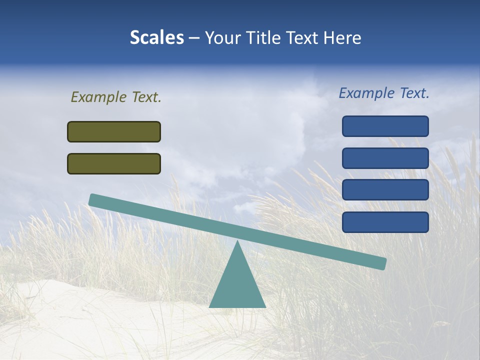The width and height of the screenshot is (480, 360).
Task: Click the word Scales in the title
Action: (x=156, y=38)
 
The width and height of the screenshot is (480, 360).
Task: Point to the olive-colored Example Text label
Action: (x=116, y=97)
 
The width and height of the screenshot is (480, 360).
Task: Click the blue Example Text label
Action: (x=384, y=93)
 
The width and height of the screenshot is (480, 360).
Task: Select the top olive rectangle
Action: (x=114, y=131)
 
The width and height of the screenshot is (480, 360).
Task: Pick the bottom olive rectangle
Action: (x=114, y=163)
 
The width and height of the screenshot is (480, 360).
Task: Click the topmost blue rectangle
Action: (x=385, y=126)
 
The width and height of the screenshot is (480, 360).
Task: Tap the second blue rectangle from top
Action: (x=385, y=158)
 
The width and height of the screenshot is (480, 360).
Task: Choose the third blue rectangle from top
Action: (x=385, y=190)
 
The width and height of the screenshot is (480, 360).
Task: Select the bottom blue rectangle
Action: (x=385, y=222)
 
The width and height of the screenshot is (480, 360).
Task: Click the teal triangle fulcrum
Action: (x=237, y=285)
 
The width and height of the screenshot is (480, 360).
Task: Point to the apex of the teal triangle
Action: (x=237, y=242)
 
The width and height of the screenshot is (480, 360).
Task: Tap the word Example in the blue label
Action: (x=366, y=93)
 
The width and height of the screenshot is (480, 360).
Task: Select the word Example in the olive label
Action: (x=98, y=97)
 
